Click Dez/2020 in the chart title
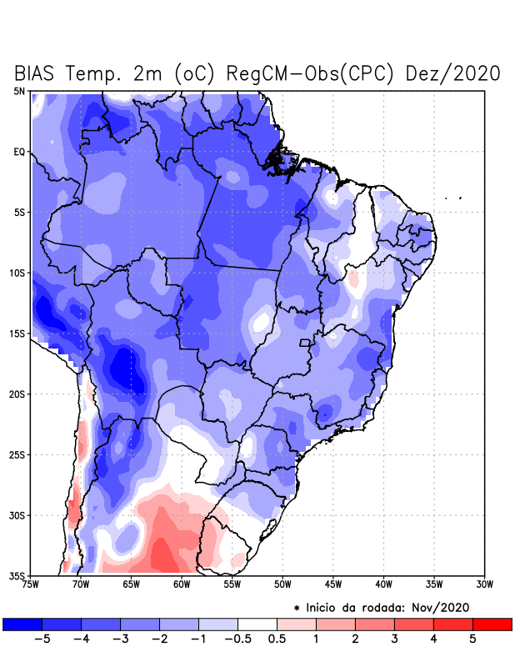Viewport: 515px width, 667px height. [452, 73]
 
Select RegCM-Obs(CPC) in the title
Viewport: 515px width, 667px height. [305, 73]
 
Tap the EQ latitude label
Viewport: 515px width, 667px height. [18, 152]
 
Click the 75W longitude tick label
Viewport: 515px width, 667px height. [31, 585]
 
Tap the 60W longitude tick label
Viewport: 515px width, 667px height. [181, 585]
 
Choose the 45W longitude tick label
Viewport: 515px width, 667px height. [332, 585]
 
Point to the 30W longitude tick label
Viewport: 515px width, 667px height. [484, 585]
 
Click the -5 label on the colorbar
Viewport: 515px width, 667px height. [42, 639]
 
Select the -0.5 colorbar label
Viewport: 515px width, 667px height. [237, 639]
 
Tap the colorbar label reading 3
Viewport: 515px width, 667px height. [394, 639]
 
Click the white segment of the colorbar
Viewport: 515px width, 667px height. [257, 624]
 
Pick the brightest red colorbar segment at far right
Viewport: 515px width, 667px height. [492, 624]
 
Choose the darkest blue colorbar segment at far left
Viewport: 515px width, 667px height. [22, 624]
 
